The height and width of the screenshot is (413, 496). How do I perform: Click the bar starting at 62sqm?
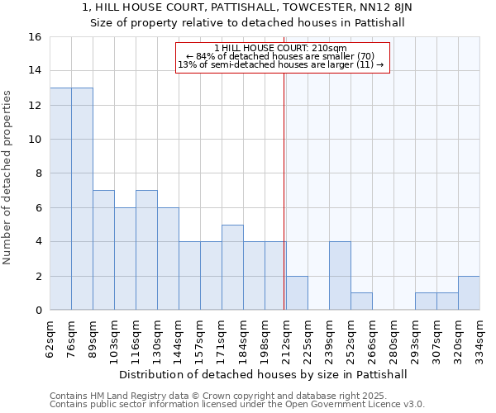60,198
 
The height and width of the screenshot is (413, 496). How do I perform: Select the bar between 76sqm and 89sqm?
82,198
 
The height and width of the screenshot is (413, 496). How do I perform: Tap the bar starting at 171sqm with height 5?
232,267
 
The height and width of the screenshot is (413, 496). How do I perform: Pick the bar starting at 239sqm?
340,275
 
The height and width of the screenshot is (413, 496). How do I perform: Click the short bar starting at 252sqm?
361,301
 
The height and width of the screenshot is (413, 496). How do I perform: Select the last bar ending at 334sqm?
469,293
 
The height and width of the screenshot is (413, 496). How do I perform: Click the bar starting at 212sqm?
297,293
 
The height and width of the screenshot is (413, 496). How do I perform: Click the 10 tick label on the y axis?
35,140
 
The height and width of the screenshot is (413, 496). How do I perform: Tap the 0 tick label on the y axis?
38,311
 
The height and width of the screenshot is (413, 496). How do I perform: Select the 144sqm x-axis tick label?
179,335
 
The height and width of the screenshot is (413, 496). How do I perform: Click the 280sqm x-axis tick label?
394,335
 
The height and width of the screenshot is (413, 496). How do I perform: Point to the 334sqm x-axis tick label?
480,335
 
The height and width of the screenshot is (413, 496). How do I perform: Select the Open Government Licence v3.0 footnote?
347,404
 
